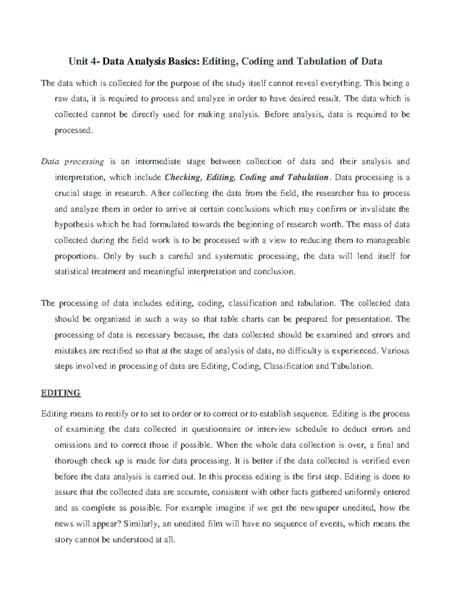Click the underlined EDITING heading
point(60,393)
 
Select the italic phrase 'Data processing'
point(72,162)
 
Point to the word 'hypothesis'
point(74,224)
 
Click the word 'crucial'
point(67,193)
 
